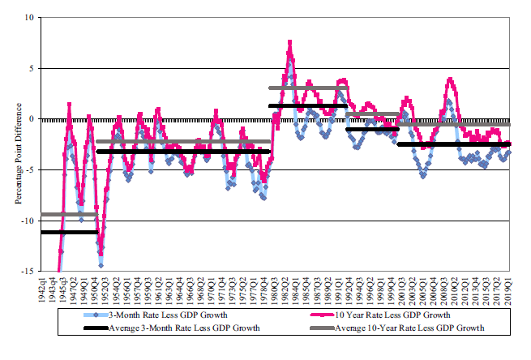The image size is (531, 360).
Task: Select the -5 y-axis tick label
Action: click(x=29, y=169)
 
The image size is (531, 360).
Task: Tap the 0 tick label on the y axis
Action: click(x=31, y=119)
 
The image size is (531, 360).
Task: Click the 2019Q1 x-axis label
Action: click(x=509, y=289)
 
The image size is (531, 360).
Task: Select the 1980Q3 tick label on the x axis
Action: click(x=276, y=289)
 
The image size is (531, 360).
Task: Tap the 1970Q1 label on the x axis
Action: click(x=212, y=289)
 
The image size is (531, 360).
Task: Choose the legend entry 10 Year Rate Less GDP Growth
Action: click(x=372, y=314)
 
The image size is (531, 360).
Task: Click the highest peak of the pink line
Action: click(x=290, y=42)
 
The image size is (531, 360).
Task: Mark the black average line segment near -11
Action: click(x=68, y=232)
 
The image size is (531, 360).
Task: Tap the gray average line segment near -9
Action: click(x=68, y=214)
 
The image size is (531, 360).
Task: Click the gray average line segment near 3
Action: click(x=308, y=88)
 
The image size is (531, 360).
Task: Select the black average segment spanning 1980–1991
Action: click(x=308, y=105)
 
